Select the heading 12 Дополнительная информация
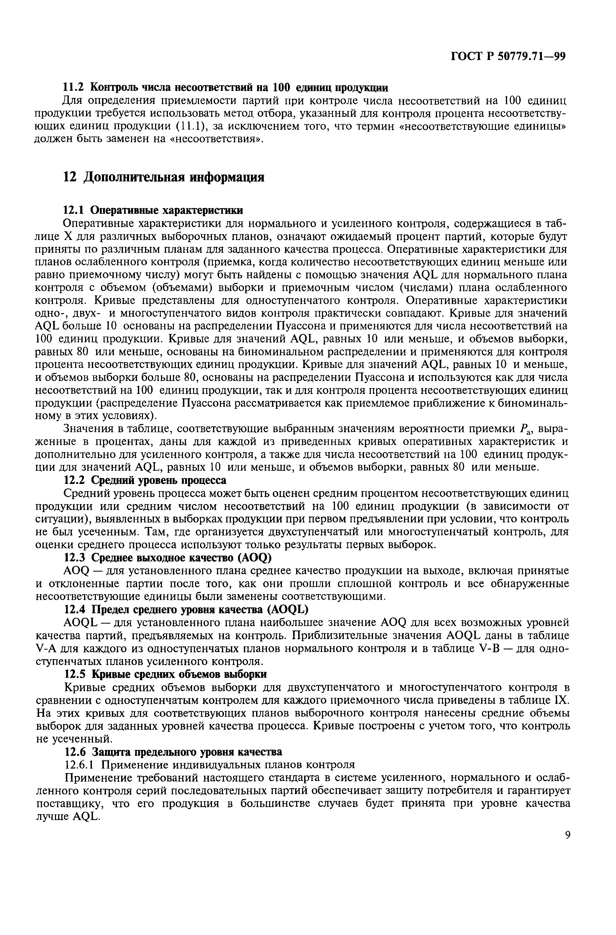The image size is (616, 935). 164,177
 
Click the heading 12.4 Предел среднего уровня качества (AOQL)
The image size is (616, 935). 186,610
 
